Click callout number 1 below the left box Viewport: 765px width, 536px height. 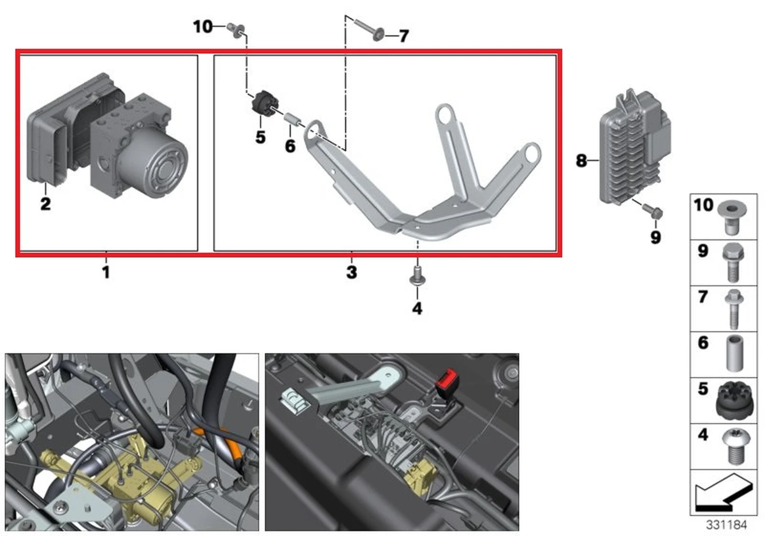[106, 272]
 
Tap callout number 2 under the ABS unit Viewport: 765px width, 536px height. [45, 205]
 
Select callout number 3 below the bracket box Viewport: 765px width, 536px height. [351, 273]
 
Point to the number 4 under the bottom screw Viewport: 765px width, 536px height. [417, 309]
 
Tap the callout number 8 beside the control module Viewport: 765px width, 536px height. [581, 161]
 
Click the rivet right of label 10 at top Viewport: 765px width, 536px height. [235, 28]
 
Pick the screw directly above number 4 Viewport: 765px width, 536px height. [417, 276]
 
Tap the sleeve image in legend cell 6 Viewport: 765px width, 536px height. [732, 352]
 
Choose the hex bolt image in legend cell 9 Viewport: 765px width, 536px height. [731, 262]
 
